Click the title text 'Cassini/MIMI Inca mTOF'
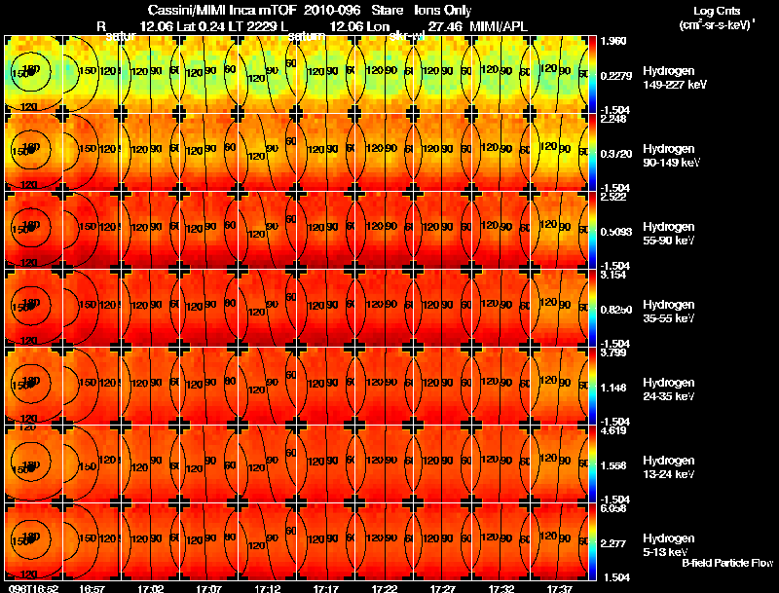pos(213,10)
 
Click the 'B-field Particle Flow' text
pos(726,563)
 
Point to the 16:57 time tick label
pos(92,588)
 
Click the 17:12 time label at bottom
pos(267,588)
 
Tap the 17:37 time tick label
pos(559,588)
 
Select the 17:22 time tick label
pos(384,588)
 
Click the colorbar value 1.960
pos(613,42)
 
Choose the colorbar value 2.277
pos(613,543)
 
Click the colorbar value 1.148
pos(613,388)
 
